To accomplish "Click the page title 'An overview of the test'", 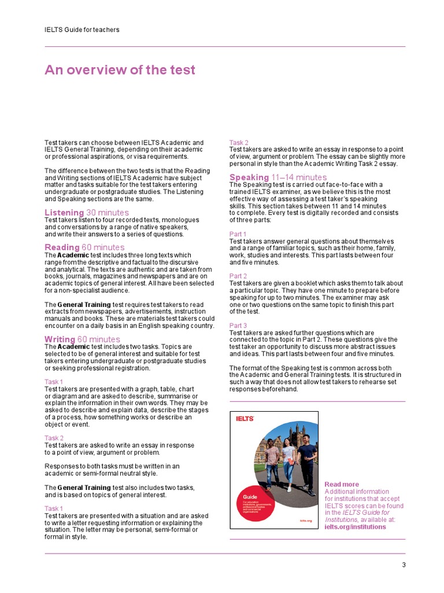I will (x=120, y=70).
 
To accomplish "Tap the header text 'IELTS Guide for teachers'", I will (x=82, y=30).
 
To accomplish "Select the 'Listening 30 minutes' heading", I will (x=87, y=213).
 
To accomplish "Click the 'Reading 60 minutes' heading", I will (x=84, y=247).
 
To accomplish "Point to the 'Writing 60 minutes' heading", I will (x=82, y=339).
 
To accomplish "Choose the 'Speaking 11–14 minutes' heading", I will (x=278, y=177).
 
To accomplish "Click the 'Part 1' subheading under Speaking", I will (x=238, y=234).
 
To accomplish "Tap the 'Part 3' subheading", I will (x=238, y=325).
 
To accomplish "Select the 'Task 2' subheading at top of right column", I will (x=239, y=142).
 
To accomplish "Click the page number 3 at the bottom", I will (x=404, y=565).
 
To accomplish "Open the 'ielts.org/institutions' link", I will (x=355, y=527).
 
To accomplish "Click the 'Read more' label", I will (x=342, y=484).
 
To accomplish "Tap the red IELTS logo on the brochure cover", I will (x=245, y=419).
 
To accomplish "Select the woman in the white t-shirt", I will (x=288, y=463).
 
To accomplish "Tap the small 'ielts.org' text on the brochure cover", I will (x=306, y=521).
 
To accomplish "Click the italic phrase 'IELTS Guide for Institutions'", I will (x=364, y=516).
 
